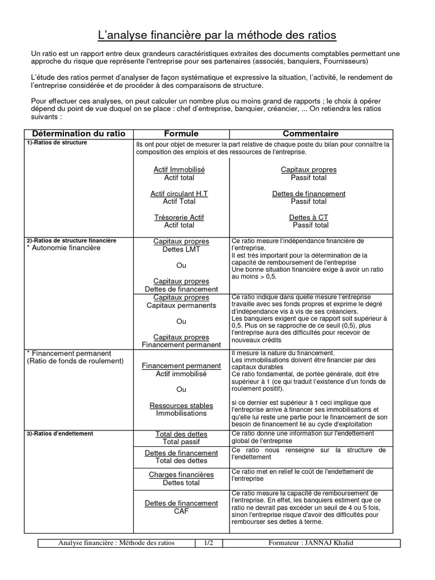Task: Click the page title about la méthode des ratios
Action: pyautogui.click(x=217, y=36)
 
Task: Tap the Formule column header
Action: pyautogui.click(x=181, y=134)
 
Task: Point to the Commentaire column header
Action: pyautogui.click(x=310, y=134)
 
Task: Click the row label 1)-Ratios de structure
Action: pyautogui.click(x=57, y=143)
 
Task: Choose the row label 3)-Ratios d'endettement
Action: pyautogui.click(x=59, y=433)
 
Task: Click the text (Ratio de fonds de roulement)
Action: pyautogui.click(x=75, y=361)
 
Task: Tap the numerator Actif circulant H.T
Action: pyautogui.click(x=179, y=194)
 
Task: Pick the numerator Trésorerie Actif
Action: pyautogui.click(x=179, y=217)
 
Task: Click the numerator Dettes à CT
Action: pyautogui.click(x=309, y=217)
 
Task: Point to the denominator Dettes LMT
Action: pyautogui.click(x=181, y=249)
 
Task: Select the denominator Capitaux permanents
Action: pyautogui.click(x=181, y=305)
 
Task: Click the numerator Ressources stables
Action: pyautogui.click(x=181, y=406)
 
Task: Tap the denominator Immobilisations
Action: pyautogui.click(x=181, y=413)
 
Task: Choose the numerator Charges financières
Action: pyautogui.click(x=181, y=475)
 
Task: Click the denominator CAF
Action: pyautogui.click(x=181, y=511)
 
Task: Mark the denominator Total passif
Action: pyautogui.click(x=181, y=442)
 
